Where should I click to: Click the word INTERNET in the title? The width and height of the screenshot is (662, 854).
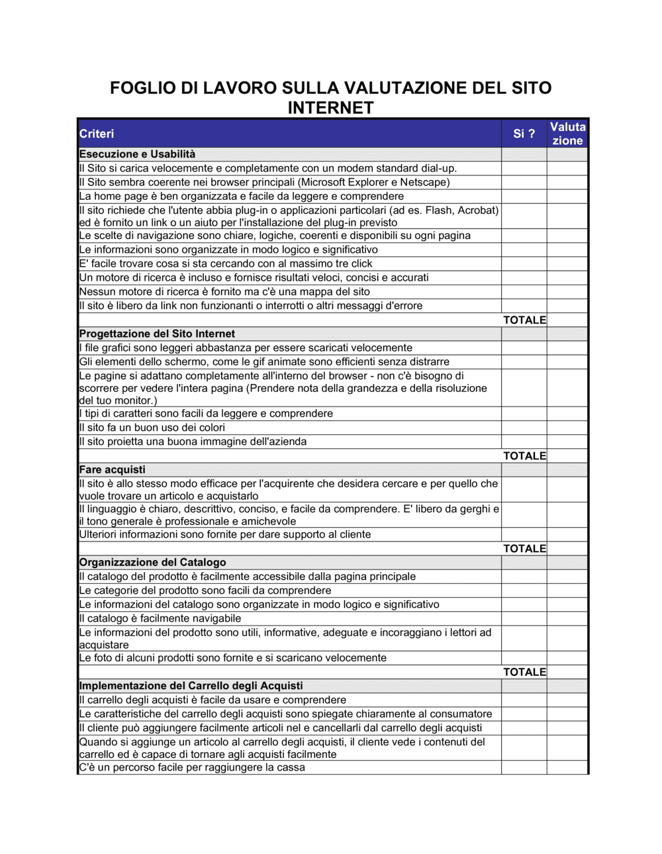(x=330, y=108)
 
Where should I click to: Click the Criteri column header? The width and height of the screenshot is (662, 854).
(x=97, y=134)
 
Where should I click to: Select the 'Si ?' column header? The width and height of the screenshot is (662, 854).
(x=524, y=134)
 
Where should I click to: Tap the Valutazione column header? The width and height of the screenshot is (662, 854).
(x=567, y=134)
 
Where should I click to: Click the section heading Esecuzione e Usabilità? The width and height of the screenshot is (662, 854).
(x=137, y=154)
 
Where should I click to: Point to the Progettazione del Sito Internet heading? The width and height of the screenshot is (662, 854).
(x=157, y=334)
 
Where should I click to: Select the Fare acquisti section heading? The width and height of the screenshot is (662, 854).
(x=112, y=470)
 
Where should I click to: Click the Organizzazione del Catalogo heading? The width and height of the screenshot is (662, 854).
(x=152, y=563)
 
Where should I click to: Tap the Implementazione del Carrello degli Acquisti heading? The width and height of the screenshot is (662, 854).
(x=191, y=687)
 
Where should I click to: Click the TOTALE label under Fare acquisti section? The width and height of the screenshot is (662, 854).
(x=524, y=549)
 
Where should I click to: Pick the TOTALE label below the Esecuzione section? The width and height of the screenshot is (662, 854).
(x=524, y=320)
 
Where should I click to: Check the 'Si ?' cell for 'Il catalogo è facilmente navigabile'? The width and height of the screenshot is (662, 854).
(x=524, y=619)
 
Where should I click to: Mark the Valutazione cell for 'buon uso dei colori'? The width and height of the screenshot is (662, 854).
(x=567, y=428)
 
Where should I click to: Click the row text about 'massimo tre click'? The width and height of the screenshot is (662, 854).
(x=225, y=264)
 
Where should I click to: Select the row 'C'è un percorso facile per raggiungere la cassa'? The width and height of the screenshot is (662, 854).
(x=192, y=768)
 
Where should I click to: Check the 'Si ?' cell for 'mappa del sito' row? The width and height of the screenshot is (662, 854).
(x=524, y=292)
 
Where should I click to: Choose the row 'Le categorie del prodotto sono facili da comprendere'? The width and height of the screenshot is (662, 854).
(x=205, y=591)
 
